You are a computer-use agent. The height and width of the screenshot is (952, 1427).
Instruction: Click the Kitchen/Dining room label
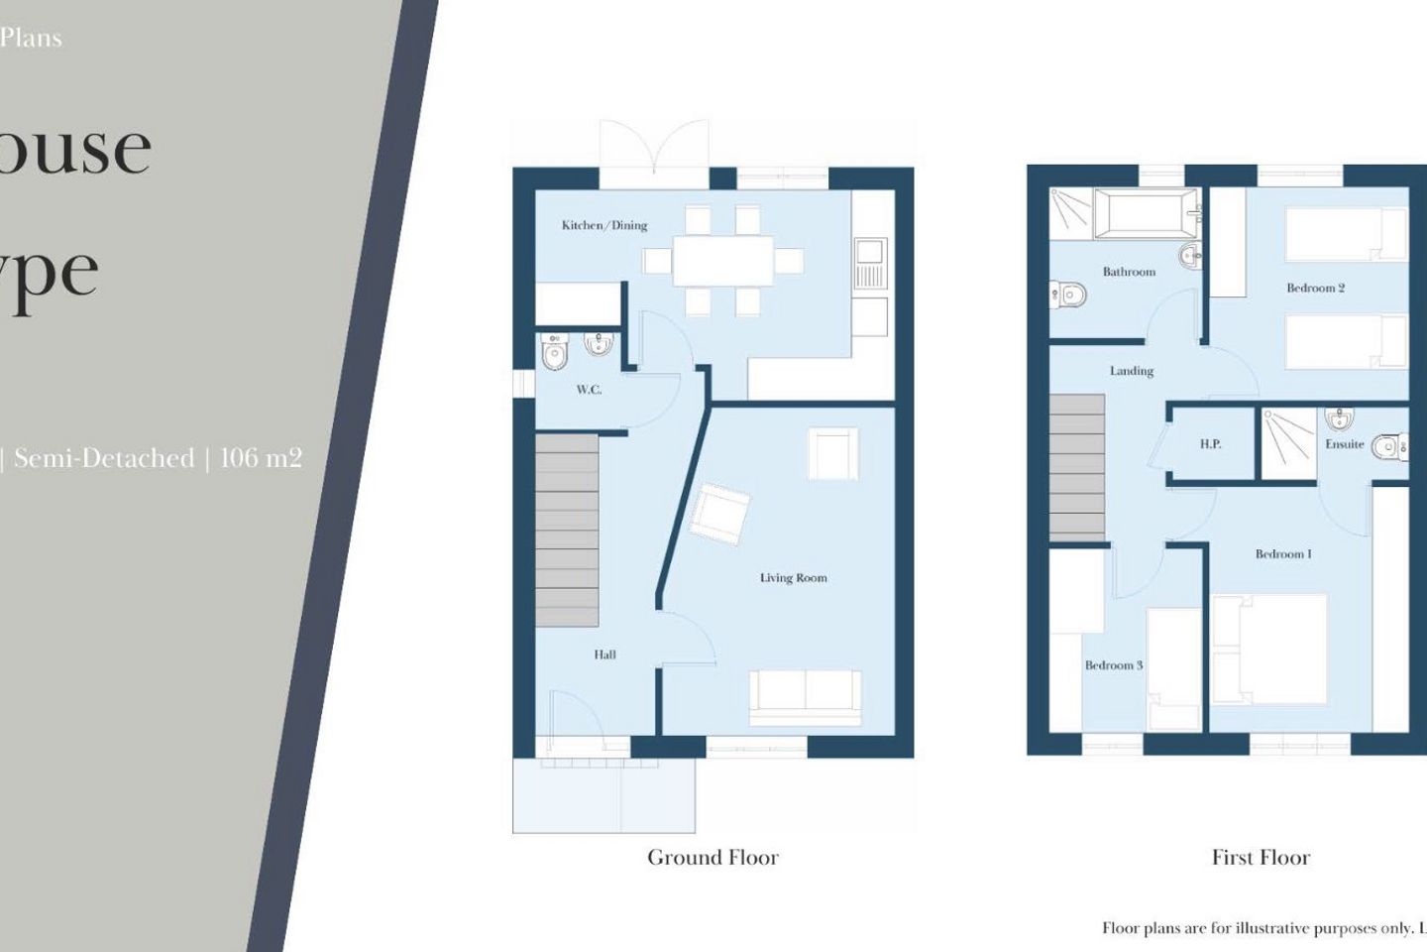(604, 225)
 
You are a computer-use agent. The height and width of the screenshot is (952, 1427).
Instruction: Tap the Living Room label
(793, 577)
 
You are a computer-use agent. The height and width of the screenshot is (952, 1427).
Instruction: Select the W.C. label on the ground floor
(589, 390)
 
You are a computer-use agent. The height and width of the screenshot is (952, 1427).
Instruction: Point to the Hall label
(604, 654)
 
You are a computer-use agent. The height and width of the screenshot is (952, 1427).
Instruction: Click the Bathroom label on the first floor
(1129, 272)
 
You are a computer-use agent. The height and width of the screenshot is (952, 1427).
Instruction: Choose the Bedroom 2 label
(1315, 289)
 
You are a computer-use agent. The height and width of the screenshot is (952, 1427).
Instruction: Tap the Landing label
(1131, 371)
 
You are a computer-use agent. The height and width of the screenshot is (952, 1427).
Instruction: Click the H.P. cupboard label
(1210, 444)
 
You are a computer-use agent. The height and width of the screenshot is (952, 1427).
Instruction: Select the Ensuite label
(1344, 444)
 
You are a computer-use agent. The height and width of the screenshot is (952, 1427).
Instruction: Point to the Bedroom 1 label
(1282, 554)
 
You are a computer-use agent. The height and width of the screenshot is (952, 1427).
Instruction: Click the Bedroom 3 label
(1113, 665)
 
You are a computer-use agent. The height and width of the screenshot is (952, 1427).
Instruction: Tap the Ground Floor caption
(713, 858)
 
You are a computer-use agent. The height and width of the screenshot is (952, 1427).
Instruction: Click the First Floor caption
(1261, 858)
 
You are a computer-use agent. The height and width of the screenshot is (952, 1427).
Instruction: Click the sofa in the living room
(805, 697)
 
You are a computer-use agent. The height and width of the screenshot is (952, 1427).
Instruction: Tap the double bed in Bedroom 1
(1269, 650)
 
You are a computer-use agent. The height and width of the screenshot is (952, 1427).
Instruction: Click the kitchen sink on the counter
(869, 260)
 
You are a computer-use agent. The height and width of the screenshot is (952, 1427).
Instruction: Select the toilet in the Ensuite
(1390, 448)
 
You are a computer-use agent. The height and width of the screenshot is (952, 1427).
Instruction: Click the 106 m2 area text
(261, 458)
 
